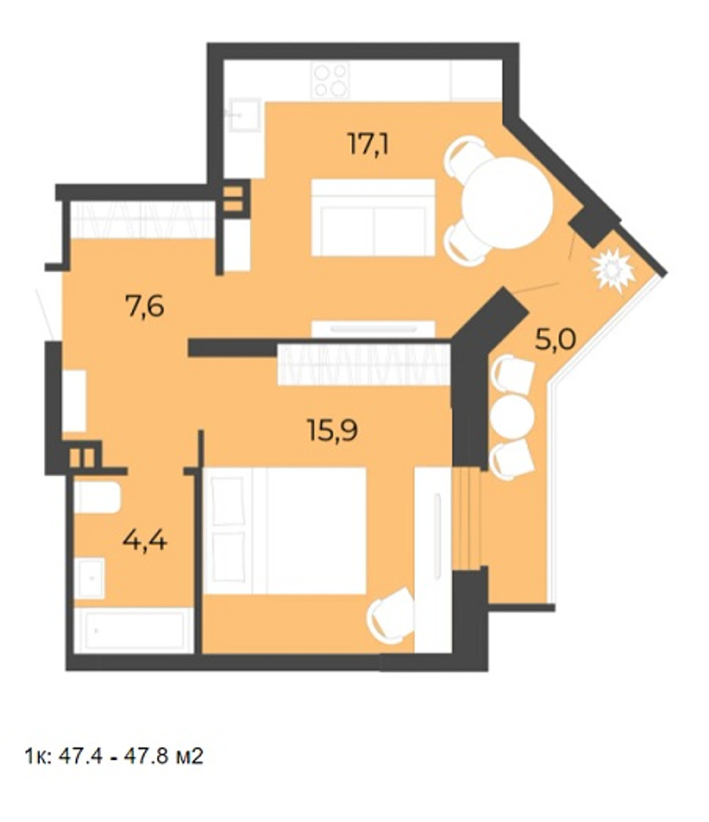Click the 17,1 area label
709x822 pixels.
click(369, 145)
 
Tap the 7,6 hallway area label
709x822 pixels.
click(144, 306)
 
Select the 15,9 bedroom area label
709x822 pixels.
click(332, 431)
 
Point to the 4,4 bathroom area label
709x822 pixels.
click(144, 539)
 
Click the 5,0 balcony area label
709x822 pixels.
click(556, 340)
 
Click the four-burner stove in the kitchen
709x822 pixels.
click(331, 80)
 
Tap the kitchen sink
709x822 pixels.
click(243, 114)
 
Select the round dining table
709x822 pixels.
click(507, 203)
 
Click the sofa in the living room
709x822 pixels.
click(373, 217)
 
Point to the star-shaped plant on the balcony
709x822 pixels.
click(612, 270)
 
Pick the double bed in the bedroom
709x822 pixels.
click(284, 530)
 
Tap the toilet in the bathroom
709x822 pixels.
click(97, 497)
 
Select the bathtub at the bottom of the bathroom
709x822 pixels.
click(134, 630)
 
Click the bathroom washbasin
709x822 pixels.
click(90, 578)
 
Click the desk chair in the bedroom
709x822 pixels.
click(391, 615)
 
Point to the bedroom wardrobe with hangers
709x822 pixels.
click(364, 364)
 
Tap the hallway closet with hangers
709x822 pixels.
click(143, 220)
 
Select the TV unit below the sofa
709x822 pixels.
click(373, 329)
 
